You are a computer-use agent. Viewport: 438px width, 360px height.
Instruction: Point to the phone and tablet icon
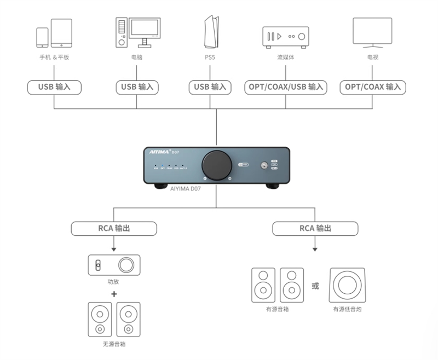click(54, 33)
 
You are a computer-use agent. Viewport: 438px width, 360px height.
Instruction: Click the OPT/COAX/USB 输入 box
click(285, 87)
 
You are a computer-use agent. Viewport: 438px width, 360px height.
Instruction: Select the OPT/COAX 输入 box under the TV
click(373, 87)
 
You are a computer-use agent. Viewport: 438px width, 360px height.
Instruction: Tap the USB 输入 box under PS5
click(210, 87)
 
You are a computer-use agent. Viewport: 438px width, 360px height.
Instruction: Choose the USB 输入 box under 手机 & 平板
click(54, 87)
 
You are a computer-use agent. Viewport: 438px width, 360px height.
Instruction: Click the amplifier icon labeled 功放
click(114, 265)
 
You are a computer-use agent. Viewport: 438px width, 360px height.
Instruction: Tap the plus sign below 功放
click(114, 294)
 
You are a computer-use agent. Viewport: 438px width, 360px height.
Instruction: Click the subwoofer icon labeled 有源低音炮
click(347, 285)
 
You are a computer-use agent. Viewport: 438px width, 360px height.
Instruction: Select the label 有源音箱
click(277, 310)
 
